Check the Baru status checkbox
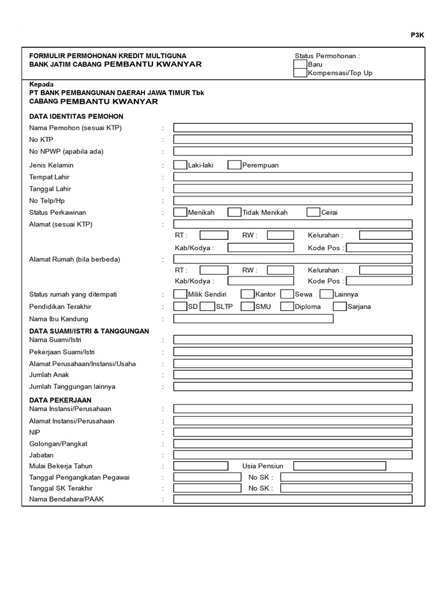300,64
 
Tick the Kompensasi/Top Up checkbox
300,73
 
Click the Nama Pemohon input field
293,128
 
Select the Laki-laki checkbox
180,165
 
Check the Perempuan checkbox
234,165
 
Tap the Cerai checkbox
313,212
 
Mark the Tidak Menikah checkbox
234,212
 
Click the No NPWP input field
293,151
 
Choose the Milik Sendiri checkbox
180,294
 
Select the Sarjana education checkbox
340,306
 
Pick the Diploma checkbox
287,306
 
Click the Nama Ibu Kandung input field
253,318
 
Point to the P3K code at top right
418,35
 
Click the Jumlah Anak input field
293,374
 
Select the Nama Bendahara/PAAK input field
293,499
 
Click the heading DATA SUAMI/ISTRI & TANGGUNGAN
89,331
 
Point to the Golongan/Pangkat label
58,444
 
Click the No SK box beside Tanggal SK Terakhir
346,488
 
